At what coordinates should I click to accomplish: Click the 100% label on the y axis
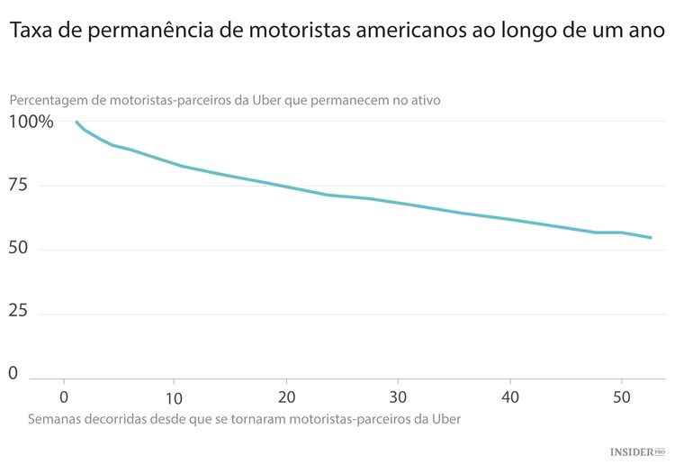click(x=31, y=122)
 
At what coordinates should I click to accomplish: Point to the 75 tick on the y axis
click(x=19, y=186)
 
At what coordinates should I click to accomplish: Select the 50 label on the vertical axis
click(x=19, y=249)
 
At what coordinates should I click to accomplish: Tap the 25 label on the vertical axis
click(x=19, y=312)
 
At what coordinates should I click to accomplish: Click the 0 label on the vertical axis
click(x=13, y=373)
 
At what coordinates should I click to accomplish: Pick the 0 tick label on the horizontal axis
click(x=64, y=397)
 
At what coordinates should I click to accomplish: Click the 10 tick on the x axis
click(x=175, y=397)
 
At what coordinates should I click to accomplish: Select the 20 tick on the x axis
click(x=287, y=397)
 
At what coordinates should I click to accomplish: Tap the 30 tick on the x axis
click(x=399, y=397)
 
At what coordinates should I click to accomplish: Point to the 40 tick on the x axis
click(x=510, y=397)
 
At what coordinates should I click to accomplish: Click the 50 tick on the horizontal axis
click(x=622, y=397)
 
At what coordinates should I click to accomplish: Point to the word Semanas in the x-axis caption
click(x=56, y=419)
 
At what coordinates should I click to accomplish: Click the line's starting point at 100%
click(x=76, y=122)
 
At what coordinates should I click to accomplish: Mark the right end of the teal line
click(x=651, y=238)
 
